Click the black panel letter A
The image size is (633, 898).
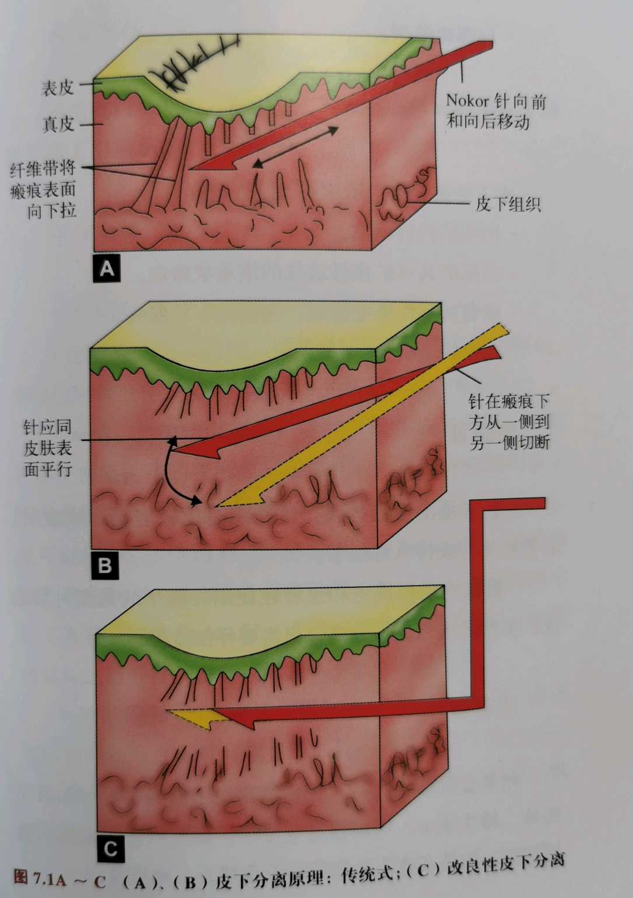pos(107,268)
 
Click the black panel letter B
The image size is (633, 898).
pos(105,565)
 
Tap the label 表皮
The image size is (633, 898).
pos(58,88)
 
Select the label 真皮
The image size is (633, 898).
pos(59,124)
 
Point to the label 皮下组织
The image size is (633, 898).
pos(508,204)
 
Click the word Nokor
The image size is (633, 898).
pos(467,100)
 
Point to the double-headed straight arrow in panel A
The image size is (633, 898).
pos(296,147)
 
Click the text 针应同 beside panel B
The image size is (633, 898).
pos(47,427)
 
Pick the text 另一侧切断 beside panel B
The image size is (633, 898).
pos(509,443)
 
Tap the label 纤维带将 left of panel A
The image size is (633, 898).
pos(43,169)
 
